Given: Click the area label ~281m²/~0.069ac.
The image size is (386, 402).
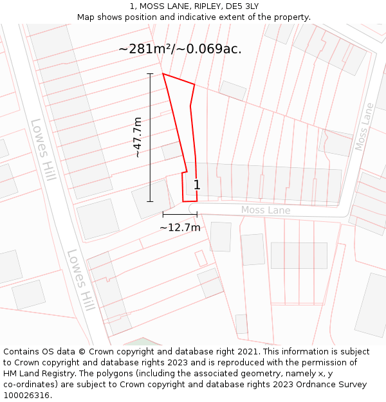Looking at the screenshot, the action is (x=180, y=49).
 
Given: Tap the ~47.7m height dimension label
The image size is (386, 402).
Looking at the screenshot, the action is (x=137, y=137).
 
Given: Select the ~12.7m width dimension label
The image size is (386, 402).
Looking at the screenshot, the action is (x=180, y=227).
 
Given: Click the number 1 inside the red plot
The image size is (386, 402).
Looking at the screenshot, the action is (x=197, y=185).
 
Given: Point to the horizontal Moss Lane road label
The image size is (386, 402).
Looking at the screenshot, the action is (x=266, y=210).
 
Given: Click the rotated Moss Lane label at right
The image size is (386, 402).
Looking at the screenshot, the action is (x=364, y=127).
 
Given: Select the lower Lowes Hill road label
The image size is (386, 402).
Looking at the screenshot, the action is (x=80, y=280).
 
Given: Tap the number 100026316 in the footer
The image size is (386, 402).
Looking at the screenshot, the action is (x=26, y=395).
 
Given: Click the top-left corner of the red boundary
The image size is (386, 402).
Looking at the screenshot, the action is (x=163, y=74).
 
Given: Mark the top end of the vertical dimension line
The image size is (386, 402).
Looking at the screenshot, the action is (x=150, y=74).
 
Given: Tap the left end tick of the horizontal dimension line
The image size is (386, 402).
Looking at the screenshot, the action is (x=163, y=214).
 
